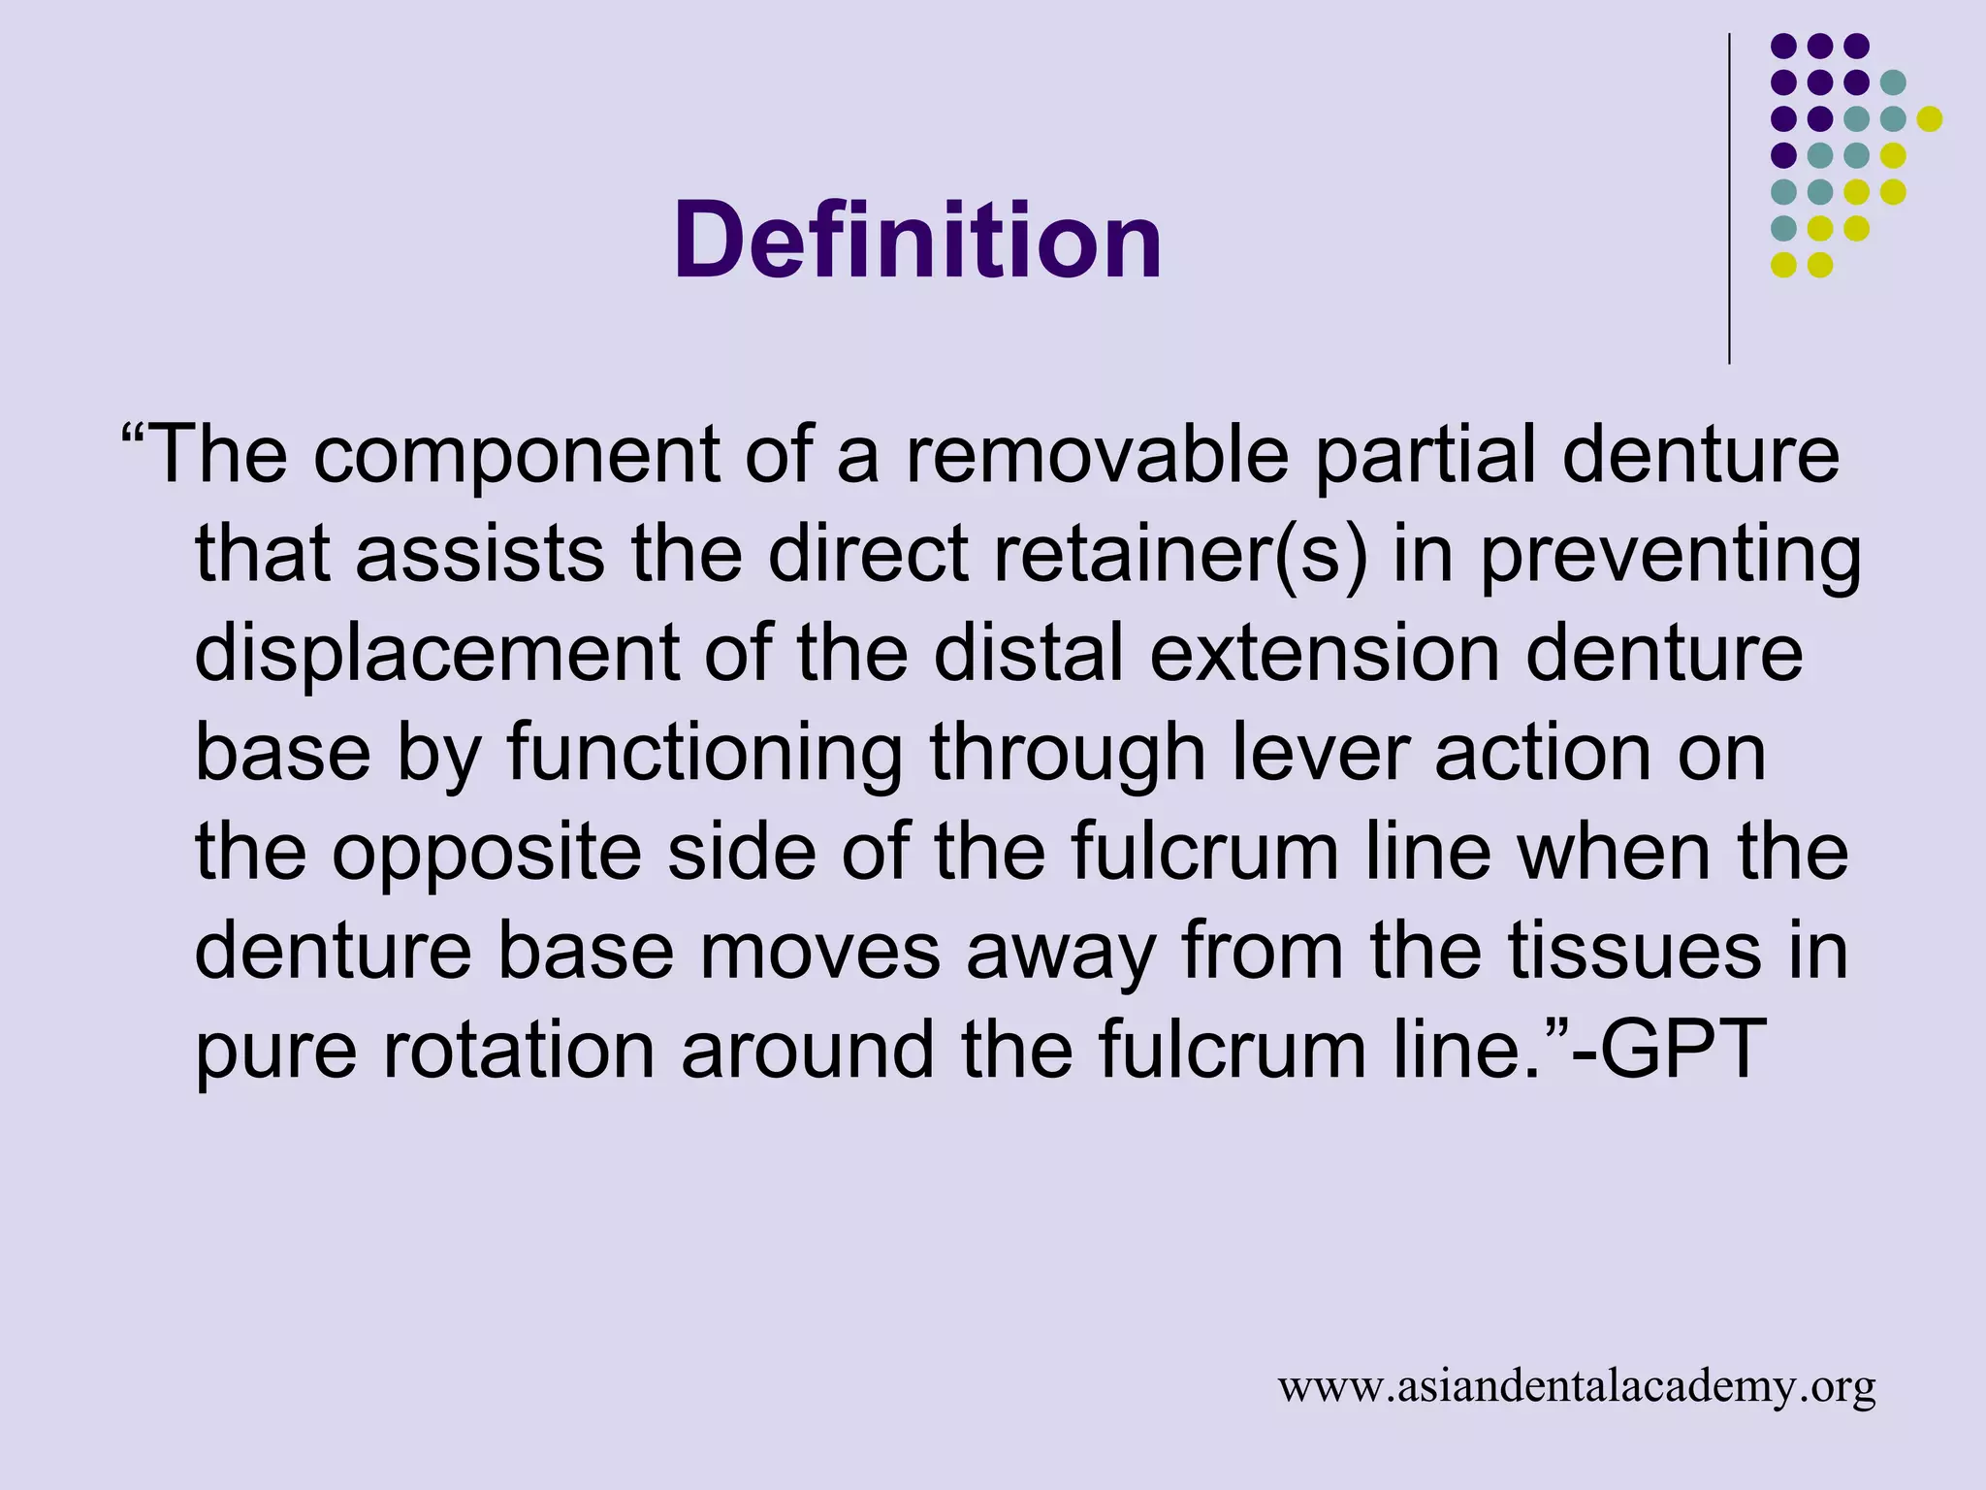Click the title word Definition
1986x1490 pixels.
[917, 240]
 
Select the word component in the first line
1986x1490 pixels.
[516, 455]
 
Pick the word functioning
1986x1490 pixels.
[705, 754]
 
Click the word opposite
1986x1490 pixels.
[487, 854]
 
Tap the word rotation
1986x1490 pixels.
[519, 1051]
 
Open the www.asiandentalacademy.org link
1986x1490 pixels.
[1577, 1387]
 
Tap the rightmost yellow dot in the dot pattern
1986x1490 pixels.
[1930, 118]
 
